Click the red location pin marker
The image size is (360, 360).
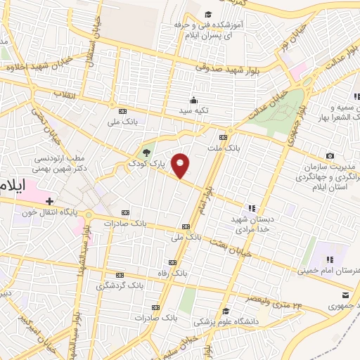click(x=181, y=165)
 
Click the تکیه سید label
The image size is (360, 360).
click(x=193, y=110)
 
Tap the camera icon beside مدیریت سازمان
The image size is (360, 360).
click(x=330, y=154)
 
